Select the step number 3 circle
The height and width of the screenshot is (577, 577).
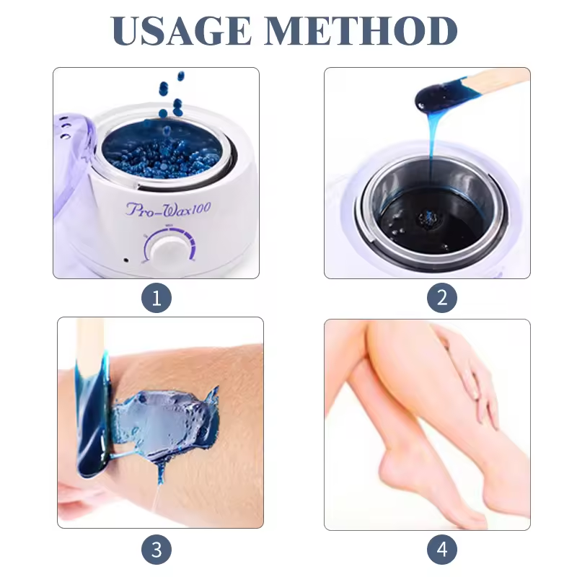[157, 550]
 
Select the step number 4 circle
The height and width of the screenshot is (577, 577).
[441, 550]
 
